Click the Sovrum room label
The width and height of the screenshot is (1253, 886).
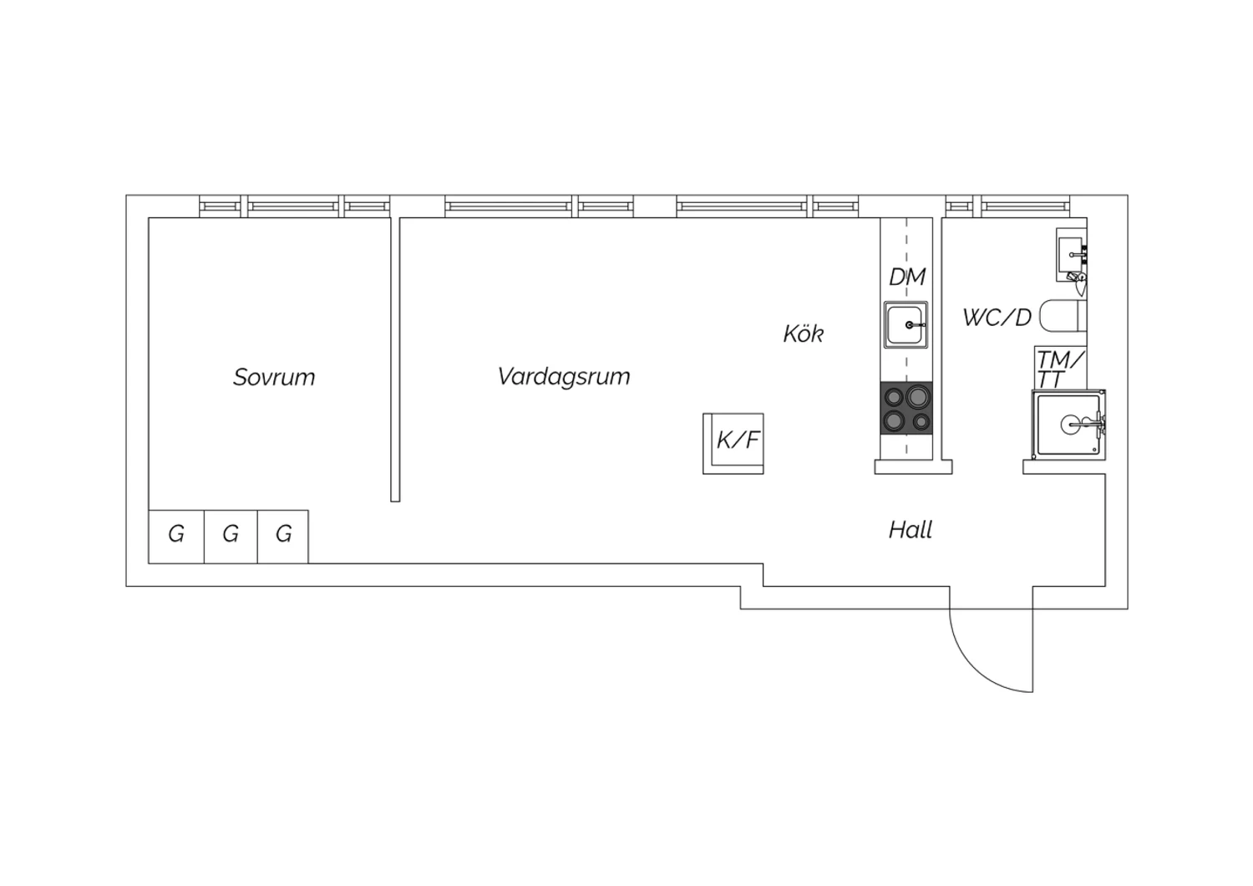[274, 377]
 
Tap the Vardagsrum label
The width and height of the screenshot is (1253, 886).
[564, 376]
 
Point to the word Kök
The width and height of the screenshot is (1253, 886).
[804, 334]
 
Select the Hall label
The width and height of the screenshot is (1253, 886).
[911, 529]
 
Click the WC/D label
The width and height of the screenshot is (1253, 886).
[997, 318]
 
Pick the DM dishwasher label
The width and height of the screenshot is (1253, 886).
[907, 277]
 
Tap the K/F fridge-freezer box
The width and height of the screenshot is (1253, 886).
[733, 444]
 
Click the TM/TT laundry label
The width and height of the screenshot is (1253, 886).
[1060, 369]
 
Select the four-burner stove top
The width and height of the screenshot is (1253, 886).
[906, 408]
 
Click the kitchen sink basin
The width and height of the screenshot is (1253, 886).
[906, 324]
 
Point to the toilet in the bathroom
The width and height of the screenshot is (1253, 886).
[1063, 316]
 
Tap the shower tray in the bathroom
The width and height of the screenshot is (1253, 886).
[1069, 425]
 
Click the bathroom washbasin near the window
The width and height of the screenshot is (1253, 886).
[1071, 255]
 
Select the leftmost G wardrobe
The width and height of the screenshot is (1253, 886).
[176, 537]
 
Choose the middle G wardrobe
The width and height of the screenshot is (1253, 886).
[231, 537]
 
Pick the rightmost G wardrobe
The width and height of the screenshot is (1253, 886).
[283, 537]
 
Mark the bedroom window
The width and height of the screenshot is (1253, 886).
[295, 206]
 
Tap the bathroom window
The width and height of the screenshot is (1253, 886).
[1008, 206]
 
